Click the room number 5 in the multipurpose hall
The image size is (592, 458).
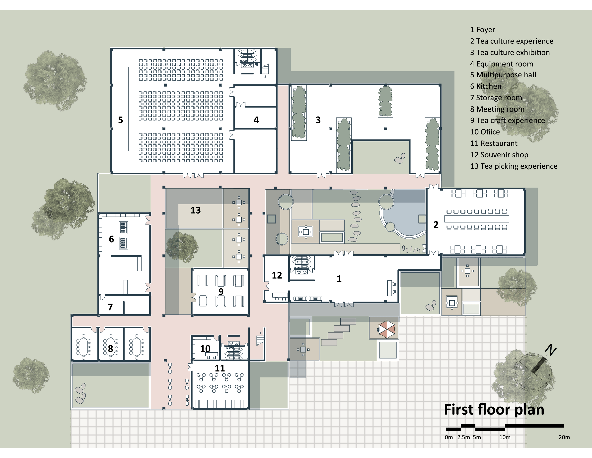121,120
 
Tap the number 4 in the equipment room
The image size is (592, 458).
256,120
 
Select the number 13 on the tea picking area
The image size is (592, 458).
195,210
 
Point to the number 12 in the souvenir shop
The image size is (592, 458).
277,275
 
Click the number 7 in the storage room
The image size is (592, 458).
110,307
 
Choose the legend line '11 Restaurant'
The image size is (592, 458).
494,143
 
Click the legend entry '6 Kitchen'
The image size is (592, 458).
486,86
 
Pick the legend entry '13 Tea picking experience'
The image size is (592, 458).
514,166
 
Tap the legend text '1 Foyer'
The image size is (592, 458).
482,30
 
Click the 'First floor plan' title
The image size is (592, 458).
494,409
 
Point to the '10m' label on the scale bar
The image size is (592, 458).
505,437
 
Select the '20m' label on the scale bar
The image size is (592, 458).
564,437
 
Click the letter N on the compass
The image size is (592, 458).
551,349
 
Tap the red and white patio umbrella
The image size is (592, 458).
386,329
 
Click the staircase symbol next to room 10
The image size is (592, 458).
260,339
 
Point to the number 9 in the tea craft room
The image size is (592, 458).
221,292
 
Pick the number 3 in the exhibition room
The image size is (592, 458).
318,120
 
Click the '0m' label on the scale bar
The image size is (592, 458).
449,437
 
